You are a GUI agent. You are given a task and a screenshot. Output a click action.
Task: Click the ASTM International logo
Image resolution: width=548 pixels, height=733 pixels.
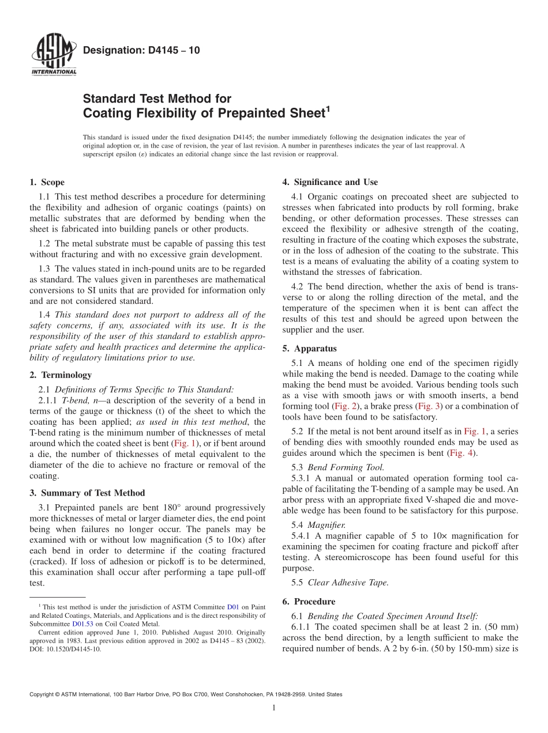point(53,55)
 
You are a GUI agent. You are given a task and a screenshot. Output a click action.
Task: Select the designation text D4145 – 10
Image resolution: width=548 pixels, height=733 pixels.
point(141,50)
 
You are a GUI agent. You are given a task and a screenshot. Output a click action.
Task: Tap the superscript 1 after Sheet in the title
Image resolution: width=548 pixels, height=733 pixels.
point(328,108)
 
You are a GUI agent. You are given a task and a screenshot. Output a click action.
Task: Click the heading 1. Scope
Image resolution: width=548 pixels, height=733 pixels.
point(47,182)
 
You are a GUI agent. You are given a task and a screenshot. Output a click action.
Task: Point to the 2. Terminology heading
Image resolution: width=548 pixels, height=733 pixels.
point(61,375)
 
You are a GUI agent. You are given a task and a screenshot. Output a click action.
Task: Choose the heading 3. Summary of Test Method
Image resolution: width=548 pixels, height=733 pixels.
point(87,493)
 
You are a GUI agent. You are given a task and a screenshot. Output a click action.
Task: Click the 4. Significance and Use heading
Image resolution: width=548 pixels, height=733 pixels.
point(330,182)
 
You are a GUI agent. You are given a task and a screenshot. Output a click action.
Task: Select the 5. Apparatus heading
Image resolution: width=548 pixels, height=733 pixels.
point(309,348)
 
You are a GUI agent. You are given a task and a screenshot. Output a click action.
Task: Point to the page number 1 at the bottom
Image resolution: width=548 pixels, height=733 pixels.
point(274,708)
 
